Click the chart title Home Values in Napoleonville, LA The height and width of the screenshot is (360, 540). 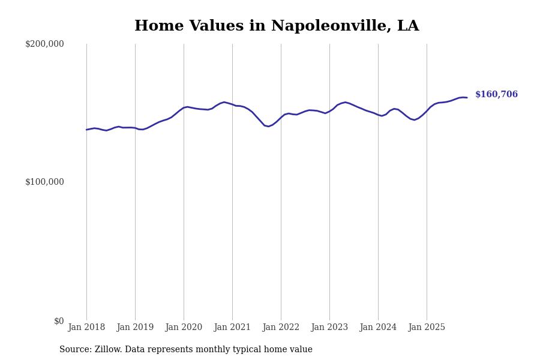277,26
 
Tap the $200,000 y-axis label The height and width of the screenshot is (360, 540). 44,44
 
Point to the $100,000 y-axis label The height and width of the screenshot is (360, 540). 44,182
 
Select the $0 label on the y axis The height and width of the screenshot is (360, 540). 59,321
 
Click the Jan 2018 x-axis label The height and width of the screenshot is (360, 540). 86,328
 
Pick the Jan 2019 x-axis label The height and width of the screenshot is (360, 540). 135,328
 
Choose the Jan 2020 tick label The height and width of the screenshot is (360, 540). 184,328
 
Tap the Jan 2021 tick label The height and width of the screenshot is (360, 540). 232,328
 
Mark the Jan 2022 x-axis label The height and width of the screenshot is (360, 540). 281,328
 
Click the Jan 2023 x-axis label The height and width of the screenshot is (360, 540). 329,328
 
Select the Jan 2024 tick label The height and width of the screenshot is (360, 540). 378,328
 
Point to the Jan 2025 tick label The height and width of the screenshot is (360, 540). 427,328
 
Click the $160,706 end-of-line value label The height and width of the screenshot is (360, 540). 496,95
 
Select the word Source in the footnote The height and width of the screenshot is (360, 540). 74,350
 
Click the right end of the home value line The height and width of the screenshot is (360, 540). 467,97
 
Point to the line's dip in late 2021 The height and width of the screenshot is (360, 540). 268,126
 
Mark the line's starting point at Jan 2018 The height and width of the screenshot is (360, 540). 86,130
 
